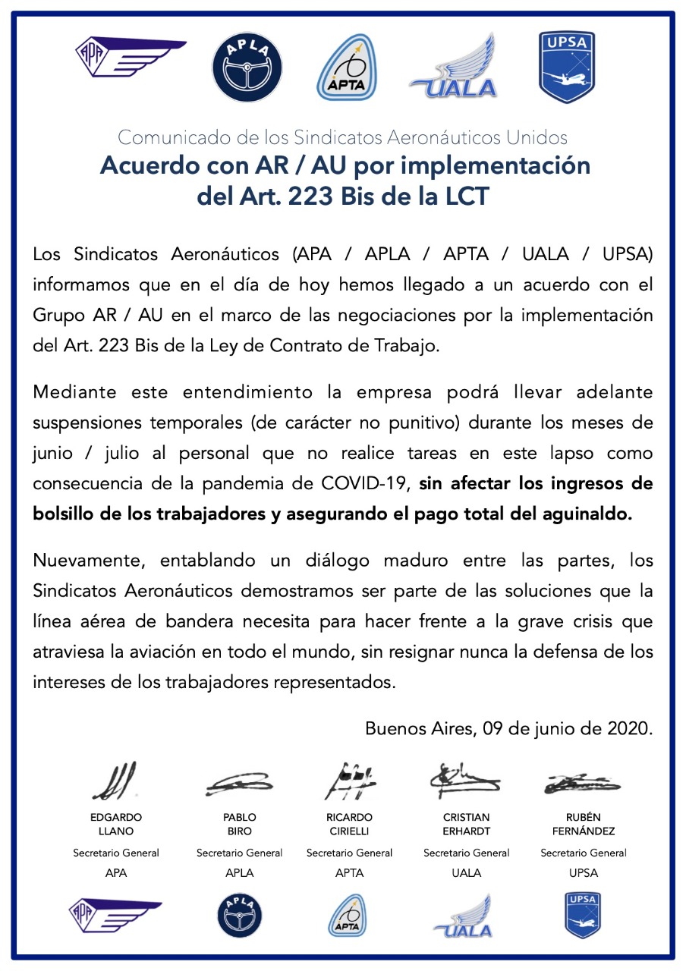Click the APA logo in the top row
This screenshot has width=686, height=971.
tap(130, 59)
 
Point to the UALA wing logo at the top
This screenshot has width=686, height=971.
tap(454, 68)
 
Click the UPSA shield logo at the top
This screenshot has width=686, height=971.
tap(566, 66)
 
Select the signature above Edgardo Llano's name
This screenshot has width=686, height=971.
tap(115, 781)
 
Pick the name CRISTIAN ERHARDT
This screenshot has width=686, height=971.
tap(466, 824)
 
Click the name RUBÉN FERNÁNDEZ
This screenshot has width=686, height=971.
tap(583, 824)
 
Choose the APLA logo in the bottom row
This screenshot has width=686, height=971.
tap(239, 916)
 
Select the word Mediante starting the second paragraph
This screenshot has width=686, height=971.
tap(74, 392)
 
